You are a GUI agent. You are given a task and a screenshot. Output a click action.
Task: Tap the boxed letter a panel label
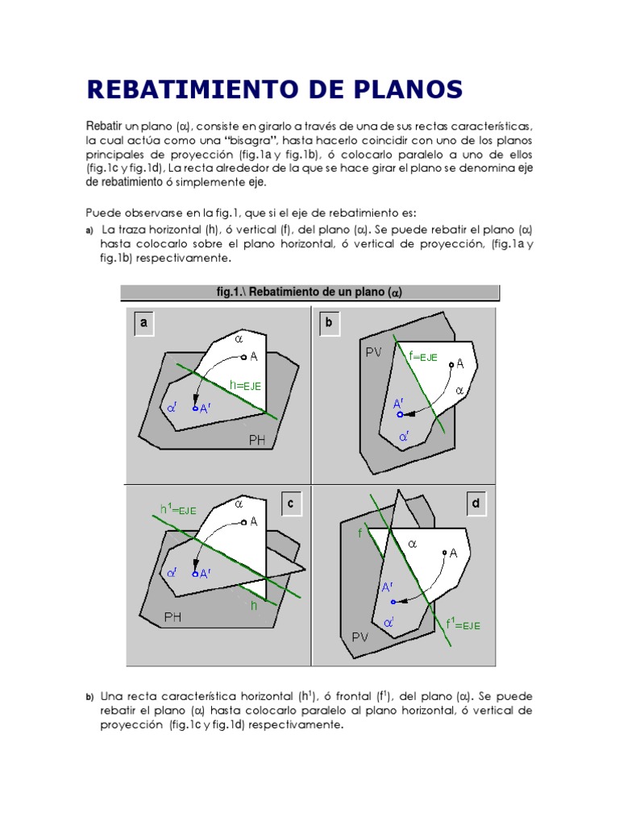coord(144,324)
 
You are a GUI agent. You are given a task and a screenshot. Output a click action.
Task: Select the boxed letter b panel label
coord(329,324)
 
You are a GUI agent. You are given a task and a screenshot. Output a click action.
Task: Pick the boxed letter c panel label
coord(293,504)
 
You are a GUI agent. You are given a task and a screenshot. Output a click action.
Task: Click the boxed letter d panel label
coord(476,504)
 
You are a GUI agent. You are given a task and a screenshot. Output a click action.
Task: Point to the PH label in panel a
coord(257,440)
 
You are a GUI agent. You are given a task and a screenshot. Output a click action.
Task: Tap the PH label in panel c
coord(173,618)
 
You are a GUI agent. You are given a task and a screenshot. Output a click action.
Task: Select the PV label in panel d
coord(360,636)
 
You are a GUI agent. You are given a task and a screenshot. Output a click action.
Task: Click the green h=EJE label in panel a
coord(245,385)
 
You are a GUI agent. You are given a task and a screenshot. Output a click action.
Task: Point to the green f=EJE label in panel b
coord(423,356)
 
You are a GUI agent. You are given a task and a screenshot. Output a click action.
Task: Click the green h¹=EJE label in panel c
coord(178,508)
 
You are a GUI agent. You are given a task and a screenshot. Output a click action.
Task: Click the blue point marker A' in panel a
coord(194,409)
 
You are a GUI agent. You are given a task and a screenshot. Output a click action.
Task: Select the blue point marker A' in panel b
coord(400,414)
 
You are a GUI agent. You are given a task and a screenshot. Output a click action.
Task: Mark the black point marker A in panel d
coord(444,553)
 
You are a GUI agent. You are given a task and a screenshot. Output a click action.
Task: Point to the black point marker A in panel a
coord(243,357)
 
